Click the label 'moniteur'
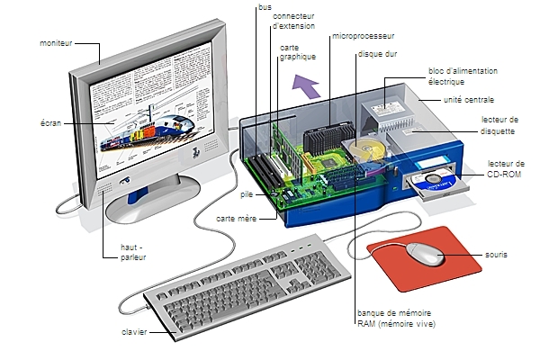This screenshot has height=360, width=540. coord(56,43)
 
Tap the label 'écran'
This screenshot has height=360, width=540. coord(51,121)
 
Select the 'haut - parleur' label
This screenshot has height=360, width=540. coord(133,251)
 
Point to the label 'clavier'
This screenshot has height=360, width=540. coord(134,332)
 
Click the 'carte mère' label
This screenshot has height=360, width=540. coord(233,219)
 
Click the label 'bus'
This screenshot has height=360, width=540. coord(265,7)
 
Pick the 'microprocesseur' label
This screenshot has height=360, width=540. coord(363,36)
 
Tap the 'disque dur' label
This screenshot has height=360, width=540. coord(378,54)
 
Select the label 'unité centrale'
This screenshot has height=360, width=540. coord(468,99)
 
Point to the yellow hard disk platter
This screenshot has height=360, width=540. coord(372,150)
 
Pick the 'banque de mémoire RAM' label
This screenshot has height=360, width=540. coord(396,318)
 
